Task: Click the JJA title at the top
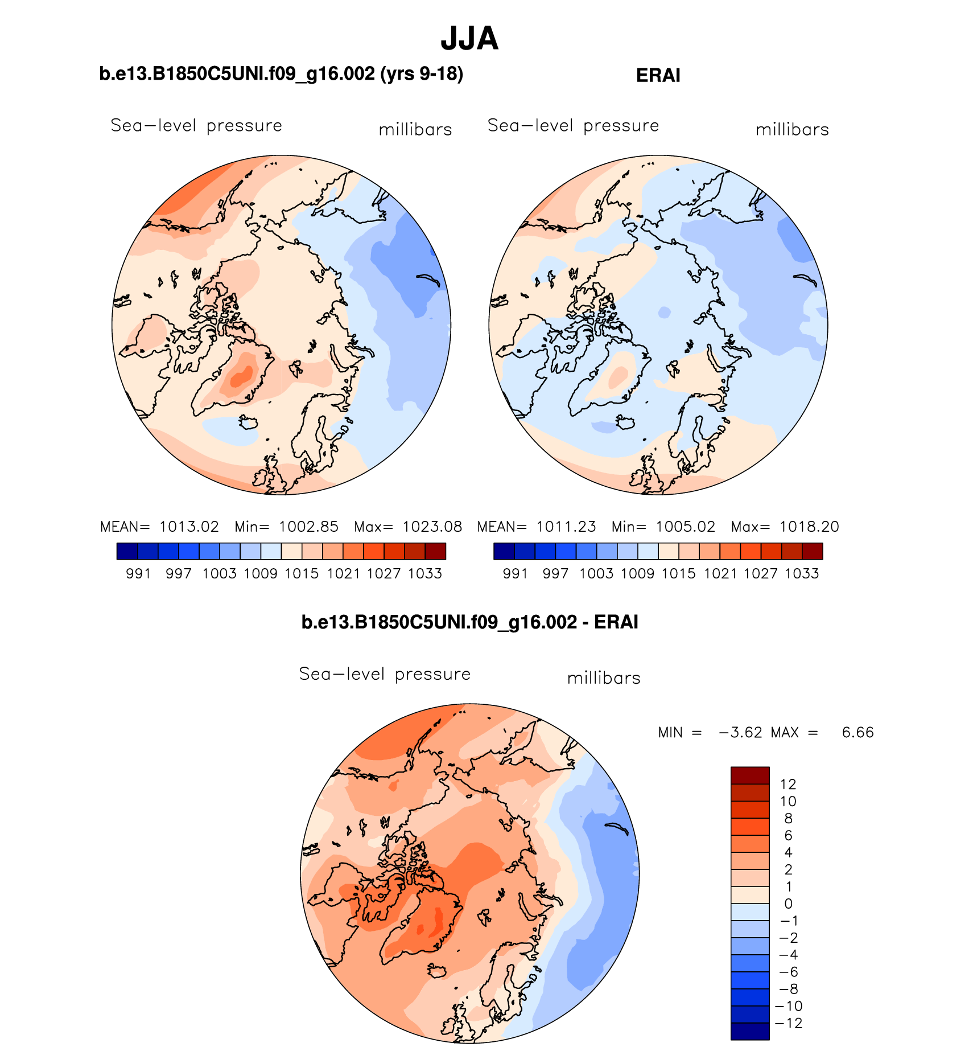(x=469, y=39)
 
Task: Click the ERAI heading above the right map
(x=658, y=76)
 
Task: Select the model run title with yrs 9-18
(x=281, y=74)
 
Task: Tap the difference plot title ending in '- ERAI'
(x=469, y=622)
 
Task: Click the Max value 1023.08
(x=432, y=527)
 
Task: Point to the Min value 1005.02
(x=685, y=527)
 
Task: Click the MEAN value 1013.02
(x=189, y=527)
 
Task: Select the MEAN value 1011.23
(x=566, y=527)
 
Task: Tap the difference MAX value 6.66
(x=857, y=732)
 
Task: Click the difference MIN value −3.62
(x=740, y=732)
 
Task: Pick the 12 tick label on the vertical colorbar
(x=788, y=785)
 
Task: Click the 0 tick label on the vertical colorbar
(x=788, y=904)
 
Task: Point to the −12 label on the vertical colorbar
(x=789, y=1023)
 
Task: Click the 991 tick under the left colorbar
(x=138, y=574)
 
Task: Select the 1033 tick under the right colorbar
(x=802, y=574)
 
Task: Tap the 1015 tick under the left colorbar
(x=302, y=574)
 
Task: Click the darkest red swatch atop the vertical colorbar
(x=749, y=775)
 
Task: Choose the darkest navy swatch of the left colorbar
(x=127, y=551)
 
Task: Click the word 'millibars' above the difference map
(x=604, y=678)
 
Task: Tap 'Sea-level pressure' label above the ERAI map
(x=573, y=126)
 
